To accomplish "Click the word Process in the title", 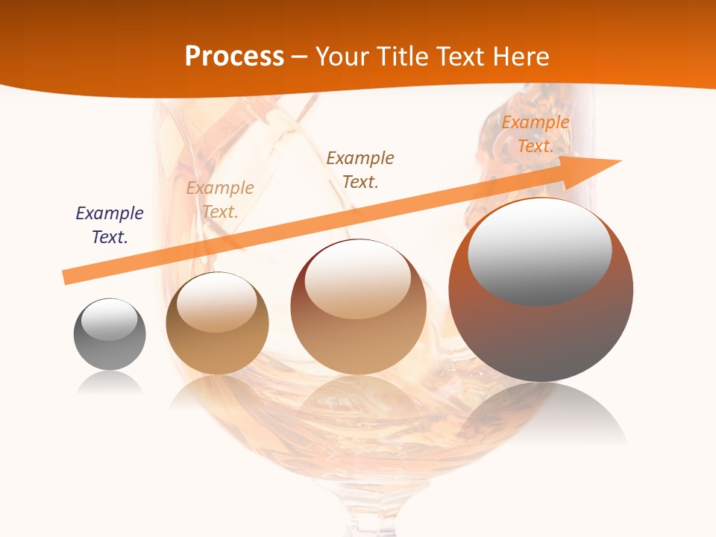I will (234, 57).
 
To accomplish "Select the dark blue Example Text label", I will (110, 225).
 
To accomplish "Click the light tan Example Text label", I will (220, 200).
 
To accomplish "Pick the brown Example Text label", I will (360, 169).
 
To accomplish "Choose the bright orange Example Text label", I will (535, 134).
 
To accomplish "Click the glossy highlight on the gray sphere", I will (109, 319).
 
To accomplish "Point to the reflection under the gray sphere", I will (110, 383).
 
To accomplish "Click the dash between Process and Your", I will (300, 57).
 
